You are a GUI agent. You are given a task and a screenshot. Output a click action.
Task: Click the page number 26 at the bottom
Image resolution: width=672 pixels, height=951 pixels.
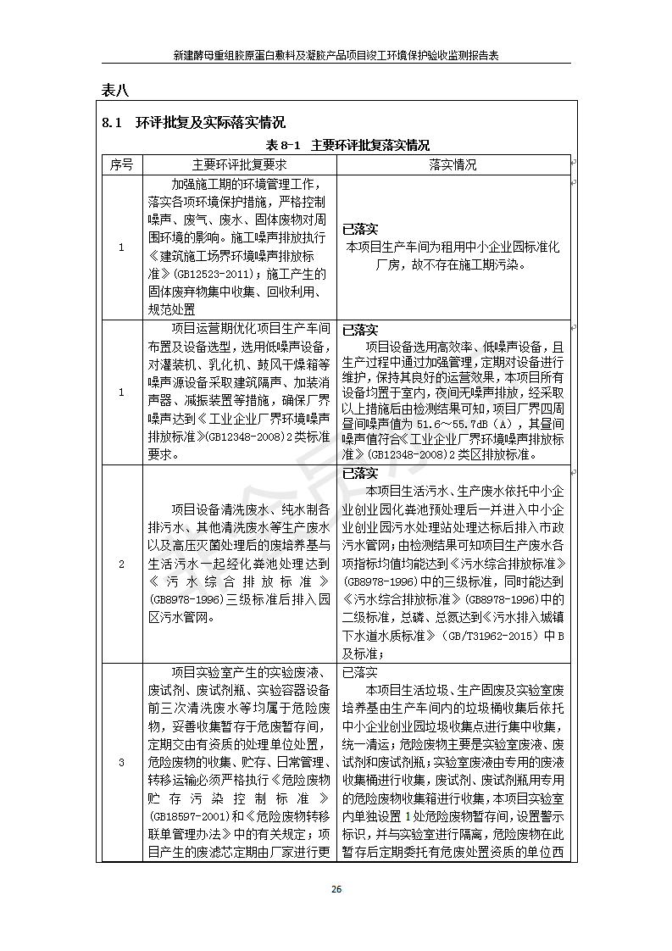(x=336, y=889)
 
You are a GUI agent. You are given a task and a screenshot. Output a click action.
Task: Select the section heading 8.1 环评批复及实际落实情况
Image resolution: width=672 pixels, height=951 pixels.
(x=193, y=123)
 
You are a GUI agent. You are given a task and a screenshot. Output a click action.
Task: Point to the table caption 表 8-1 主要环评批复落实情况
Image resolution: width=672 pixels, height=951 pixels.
(x=347, y=145)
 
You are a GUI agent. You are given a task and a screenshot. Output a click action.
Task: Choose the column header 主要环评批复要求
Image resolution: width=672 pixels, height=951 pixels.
(x=240, y=164)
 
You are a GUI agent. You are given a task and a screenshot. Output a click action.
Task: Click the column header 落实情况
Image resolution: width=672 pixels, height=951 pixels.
(x=453, y=164)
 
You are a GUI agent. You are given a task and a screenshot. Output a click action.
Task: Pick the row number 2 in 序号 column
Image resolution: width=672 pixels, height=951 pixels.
(x=121, y=564)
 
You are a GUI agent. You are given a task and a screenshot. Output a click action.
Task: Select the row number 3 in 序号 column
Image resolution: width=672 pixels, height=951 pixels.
(x=121, y=763)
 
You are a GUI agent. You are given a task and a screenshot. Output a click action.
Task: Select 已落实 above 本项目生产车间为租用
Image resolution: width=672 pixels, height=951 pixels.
(x=359, y=229)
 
